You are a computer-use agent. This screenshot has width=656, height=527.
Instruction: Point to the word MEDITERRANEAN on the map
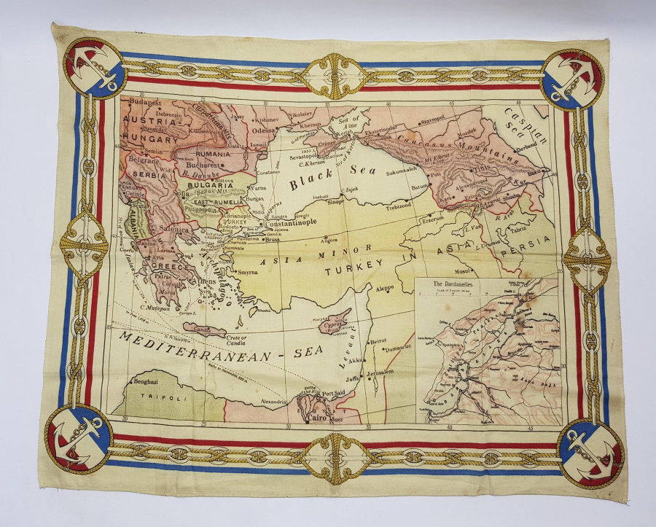coord(190,347)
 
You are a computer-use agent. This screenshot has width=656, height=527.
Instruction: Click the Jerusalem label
coord(384,372)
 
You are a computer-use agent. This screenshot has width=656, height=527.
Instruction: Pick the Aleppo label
coord(385,289)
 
